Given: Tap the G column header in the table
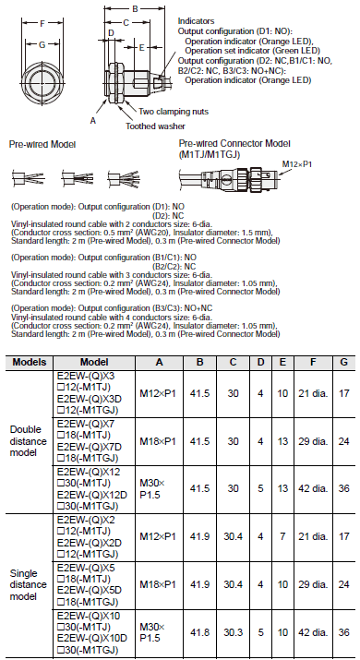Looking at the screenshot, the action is click(343, 364).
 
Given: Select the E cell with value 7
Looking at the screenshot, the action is click(282, 536).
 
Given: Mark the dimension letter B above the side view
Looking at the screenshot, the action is click(136, 8).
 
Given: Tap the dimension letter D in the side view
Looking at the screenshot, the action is click(110, 32).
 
